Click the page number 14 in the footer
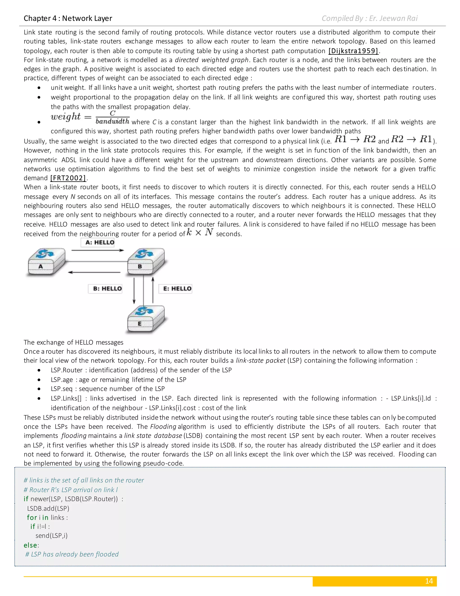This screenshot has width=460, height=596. (429, 581)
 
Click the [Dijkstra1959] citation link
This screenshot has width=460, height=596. (354, 51)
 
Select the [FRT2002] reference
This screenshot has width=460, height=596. (68, 178)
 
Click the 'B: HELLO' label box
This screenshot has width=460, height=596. (105, 289)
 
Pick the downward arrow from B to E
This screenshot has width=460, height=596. (134, 291)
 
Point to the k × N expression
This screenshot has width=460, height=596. (200, 233)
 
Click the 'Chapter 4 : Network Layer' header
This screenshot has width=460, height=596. (68, 18)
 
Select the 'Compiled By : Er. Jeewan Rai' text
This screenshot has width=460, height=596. (369, 18)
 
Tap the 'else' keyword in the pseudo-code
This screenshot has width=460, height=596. (30, 545)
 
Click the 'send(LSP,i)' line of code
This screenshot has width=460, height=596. (51, 536)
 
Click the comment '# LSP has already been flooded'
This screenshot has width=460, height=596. (72, 554)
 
